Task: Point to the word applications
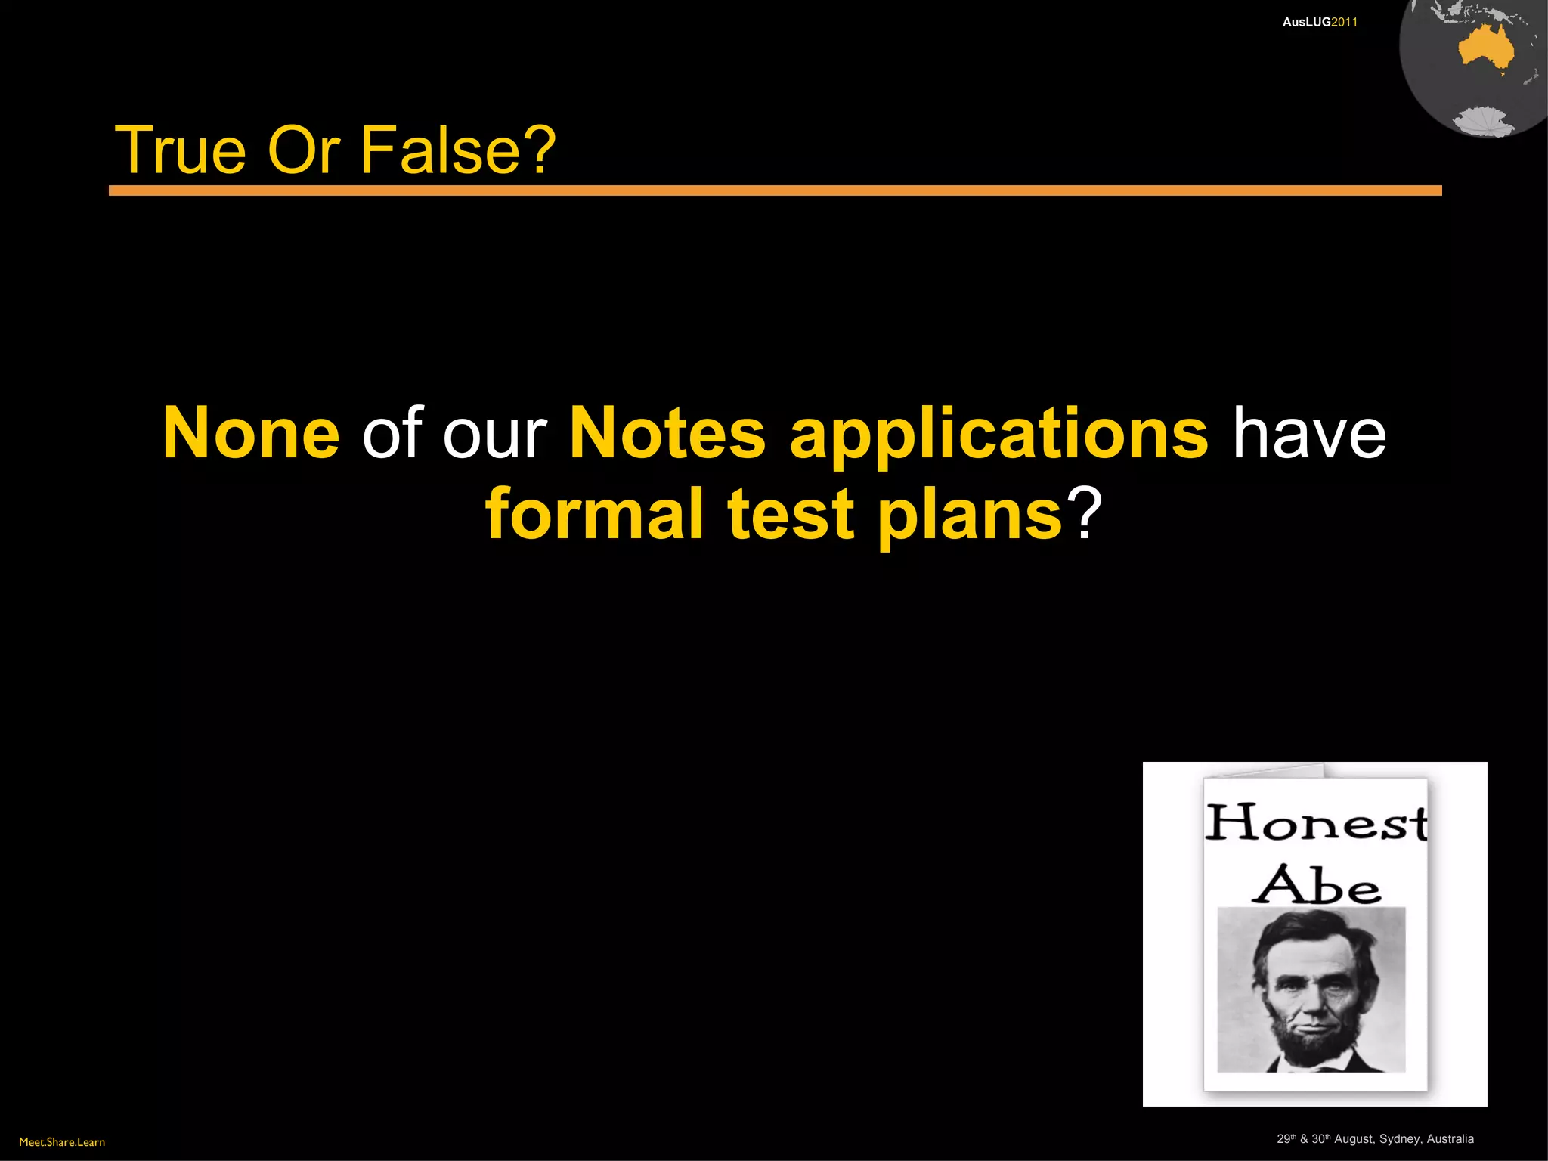[x=998, y=435]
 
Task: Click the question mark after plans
[x=1085, y=514]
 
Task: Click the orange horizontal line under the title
[x=775, y=190]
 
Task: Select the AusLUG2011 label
[x=1320, y=22]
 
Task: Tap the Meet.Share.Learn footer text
[x=62, y=1142]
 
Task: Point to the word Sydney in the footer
[x=1399, y=1139]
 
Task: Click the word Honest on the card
[x=1315, y=823]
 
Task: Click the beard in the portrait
[x=1310, y=1039]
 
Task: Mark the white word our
[x=494, y=435]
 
